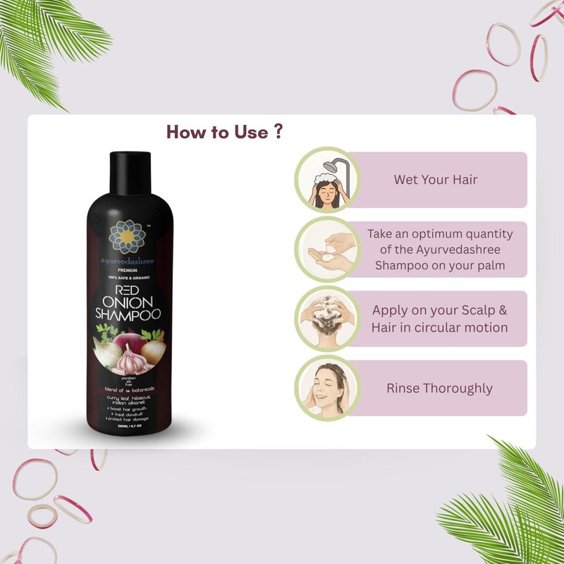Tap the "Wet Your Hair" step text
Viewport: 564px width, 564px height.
click(435, 180)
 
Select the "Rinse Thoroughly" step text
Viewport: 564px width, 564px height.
click(439, 388)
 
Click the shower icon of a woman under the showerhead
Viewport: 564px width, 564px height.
click(326, 180)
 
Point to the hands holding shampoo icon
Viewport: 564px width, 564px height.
click(326, 250)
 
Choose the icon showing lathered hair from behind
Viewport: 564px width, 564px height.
click(326, 319)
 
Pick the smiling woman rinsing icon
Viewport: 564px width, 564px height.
click(326, 388)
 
